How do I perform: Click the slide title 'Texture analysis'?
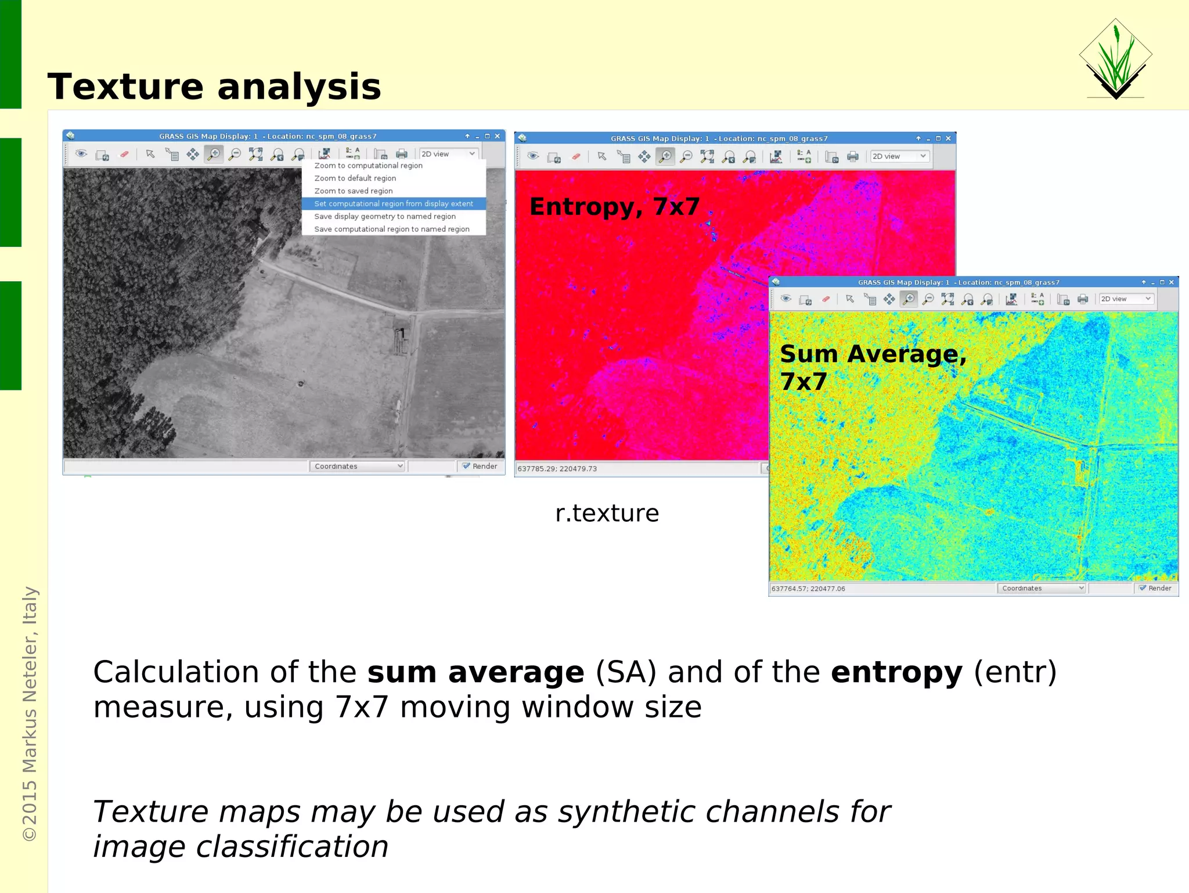(214, 87)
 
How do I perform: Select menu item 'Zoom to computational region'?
(368, 166)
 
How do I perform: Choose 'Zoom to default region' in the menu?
(355, 178)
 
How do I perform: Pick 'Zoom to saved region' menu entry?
(353, 191)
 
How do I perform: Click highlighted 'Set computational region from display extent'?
(393, 204)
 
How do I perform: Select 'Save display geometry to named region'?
(384, 217)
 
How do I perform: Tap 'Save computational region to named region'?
(391, 229)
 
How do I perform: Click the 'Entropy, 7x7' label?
(614, 207)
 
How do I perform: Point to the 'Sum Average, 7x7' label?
(872, 367)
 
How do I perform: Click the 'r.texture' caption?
(607, 514)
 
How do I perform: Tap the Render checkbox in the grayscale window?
(466, 466)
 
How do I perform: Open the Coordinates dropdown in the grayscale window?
(357, 466)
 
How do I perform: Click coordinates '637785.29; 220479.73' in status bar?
(557, 469)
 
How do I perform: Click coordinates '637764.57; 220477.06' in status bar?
(808, 589)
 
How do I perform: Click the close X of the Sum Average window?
(1171, 282)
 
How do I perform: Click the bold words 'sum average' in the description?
(475, 672)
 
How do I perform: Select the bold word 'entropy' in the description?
(896, 672)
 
